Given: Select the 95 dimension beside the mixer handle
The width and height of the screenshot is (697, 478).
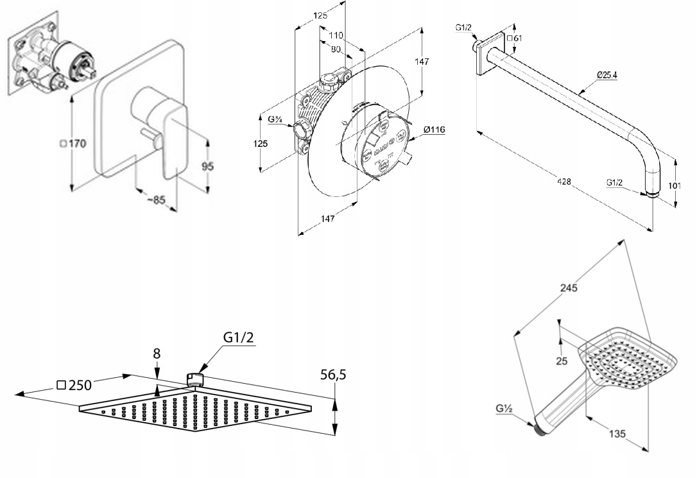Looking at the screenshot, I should coord(207,166).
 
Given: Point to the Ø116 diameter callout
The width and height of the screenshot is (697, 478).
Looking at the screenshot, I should coord(434,130).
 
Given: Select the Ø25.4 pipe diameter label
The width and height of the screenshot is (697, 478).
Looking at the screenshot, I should coord(607,74).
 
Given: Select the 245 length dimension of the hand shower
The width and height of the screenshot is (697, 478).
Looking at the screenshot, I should coord(569,287).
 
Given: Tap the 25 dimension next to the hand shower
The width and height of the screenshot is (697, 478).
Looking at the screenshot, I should coord(562,361).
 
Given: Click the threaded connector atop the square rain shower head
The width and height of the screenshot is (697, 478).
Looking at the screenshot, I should coord(194,379).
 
